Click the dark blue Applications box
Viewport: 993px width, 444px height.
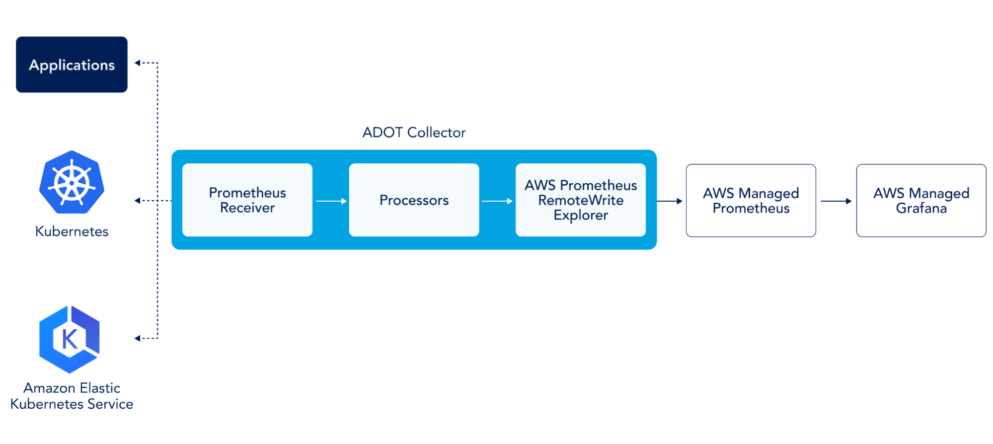click(72, 65)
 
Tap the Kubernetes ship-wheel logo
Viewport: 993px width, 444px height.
click(72, 182)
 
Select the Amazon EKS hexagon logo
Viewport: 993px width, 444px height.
click(70, 340)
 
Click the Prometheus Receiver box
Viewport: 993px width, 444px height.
click(247, 200)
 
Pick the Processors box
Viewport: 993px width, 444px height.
click(414, 200)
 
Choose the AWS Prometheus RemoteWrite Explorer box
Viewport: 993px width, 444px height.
click(581, 200)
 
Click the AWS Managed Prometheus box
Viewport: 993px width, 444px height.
click(751, 201)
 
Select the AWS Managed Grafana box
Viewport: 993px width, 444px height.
click(921, 201)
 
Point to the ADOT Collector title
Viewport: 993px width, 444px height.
click(414, 133)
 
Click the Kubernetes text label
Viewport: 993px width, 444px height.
click(72, 231)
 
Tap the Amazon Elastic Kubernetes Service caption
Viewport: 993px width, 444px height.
click(72, 396)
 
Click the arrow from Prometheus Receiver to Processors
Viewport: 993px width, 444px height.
click(331, 201)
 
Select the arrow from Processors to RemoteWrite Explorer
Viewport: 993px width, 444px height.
click(497, 201)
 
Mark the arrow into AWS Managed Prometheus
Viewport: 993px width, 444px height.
click(670, 201)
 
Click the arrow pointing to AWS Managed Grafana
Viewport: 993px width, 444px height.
click(837, 201)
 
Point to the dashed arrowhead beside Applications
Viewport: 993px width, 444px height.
click(138, 63)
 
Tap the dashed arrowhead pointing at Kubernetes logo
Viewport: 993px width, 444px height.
click(138, 201)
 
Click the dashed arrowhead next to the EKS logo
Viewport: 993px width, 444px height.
click(138, 338)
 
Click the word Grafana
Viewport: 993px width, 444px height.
click(921, 208)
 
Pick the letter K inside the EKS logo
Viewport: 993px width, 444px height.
click(70, 339)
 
